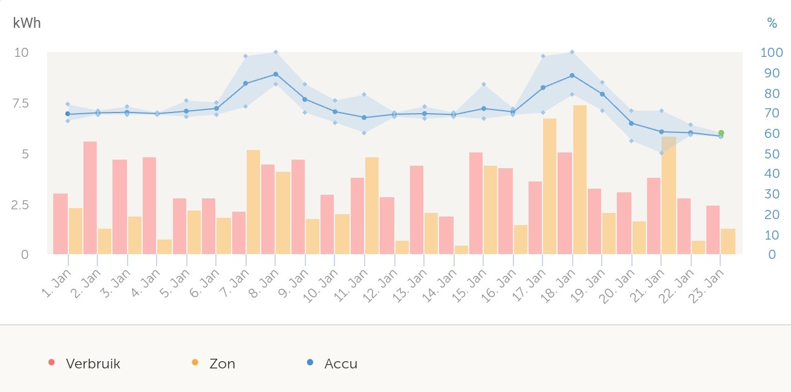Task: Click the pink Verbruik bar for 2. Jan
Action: tap(90, 198)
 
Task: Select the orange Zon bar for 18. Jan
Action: tap(580, 180)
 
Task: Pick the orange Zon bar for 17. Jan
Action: tap(550, 186)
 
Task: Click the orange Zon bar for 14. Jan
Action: tap(461, 250)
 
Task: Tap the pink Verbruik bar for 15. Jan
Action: tap(476, 203)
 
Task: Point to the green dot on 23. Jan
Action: tap(721, 133)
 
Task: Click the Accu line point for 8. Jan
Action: tap(275, 74)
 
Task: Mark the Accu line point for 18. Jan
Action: tap(571, 76)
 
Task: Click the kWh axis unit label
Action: tap(27, 23)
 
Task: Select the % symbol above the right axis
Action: tap(772, 23)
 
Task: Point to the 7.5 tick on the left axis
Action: tap(21, 103)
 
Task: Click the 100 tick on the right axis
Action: tap(772, 53)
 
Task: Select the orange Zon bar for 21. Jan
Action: tap(669, 195)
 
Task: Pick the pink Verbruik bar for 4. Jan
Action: tap(149, 206)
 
